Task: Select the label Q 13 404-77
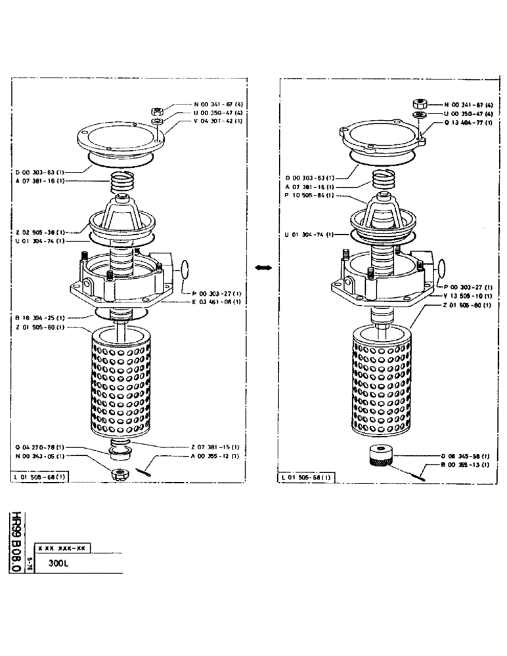[x=468, y=122]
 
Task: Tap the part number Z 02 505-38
[x=39, y=232]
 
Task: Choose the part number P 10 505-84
[x=309, y=195]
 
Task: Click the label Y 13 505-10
[x=468, y=295]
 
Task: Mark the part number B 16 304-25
[x=39, y=316]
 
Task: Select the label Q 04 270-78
[x=39, y=447]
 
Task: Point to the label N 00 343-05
[x=39, y=455]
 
